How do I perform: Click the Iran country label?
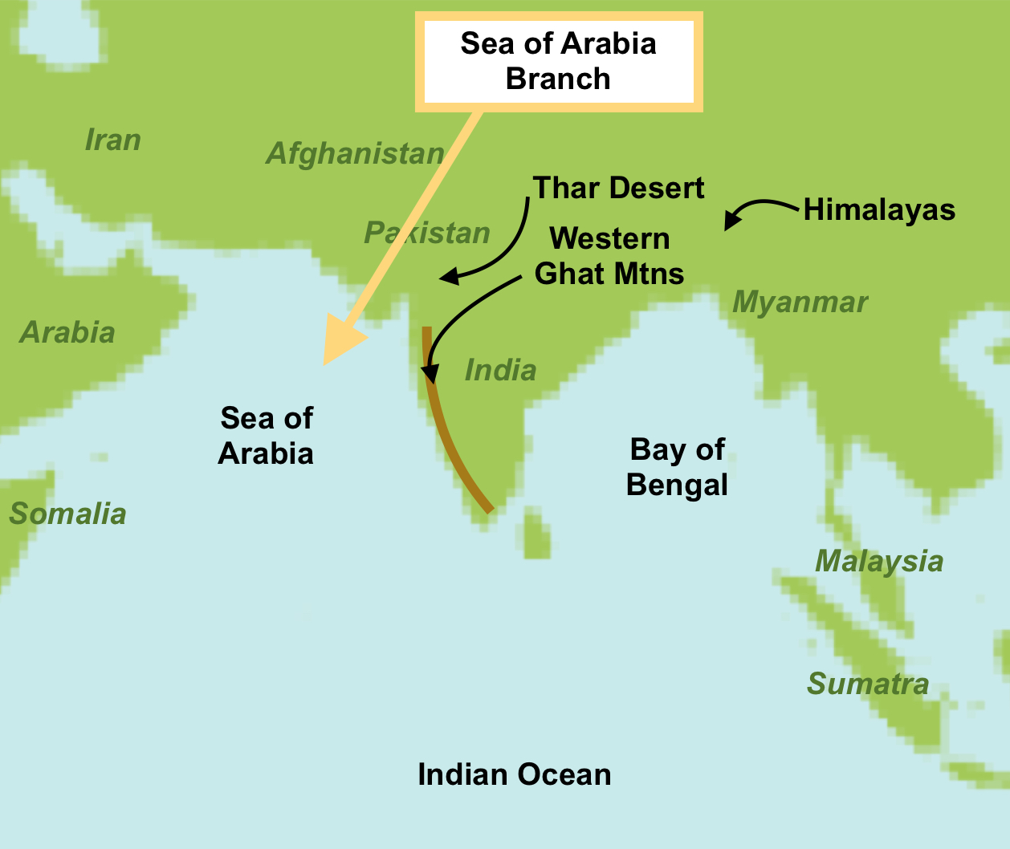click(112, 140)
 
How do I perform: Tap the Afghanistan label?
click(355, 153)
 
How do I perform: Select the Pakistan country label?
click(426, 233)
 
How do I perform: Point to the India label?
click(500, 370)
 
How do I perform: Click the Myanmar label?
click(800, 303)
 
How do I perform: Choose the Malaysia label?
click(879, 561)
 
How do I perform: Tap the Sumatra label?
click(867, 684)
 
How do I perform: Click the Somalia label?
click(67, 514)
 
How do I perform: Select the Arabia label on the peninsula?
click(67, 332)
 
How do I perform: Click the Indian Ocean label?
click(514, 774)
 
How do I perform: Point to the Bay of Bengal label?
click(677, 467)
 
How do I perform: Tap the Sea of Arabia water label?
click(266, 436)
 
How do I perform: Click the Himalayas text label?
click(879, 210)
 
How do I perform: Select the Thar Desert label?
click(618, 188)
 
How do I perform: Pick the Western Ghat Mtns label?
click(609, 256)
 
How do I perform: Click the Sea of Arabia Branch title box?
click(558, 62)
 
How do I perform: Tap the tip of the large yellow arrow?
click(327, 362)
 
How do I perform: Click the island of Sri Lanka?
click(536, 536)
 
